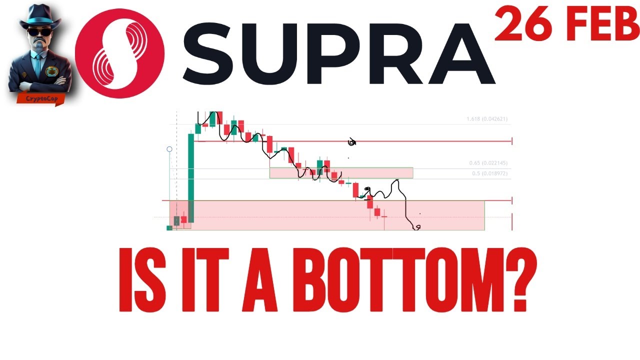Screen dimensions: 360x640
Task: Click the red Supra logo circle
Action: tap(120, 53)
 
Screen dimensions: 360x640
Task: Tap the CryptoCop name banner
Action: tap(41, 98)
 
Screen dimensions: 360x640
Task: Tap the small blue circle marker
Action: tap(169, 149)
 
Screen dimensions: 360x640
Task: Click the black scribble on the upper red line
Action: tap(352, 143)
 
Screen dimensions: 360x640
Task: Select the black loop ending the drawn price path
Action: tap(416, 228)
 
